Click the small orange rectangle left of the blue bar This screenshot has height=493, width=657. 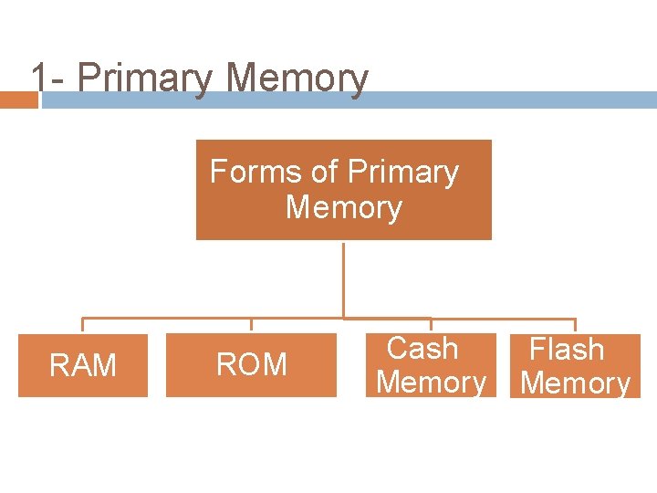click(x=18, y=100)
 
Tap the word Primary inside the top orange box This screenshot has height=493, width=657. click(x=403, y=172)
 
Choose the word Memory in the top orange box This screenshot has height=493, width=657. click(x=343, y=207)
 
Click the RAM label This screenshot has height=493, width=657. click(x=83, y=366)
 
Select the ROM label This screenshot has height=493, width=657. click(x=251, y=365)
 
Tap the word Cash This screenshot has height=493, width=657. click(x=422, y=348)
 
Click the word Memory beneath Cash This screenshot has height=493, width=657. click(x=431, y=383)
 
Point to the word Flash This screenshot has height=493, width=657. click(x=567, y=349)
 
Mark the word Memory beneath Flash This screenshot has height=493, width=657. click(x=575, y=383)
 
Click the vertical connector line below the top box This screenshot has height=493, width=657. click(x=343, y=278)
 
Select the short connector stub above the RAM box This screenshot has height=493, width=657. click(x=83, y=325)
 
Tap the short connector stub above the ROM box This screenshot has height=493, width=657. click(x=251, y=325)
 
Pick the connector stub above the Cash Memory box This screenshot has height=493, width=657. click(x=431, y=325)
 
